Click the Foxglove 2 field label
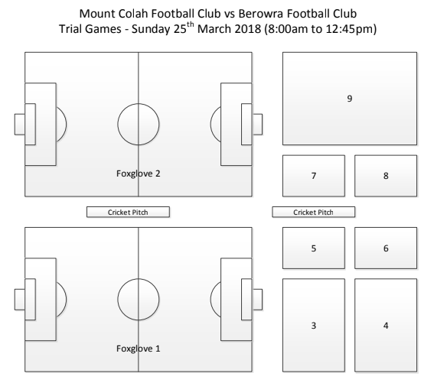pos(138,174)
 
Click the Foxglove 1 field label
pos(138,349)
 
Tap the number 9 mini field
pos(350,99)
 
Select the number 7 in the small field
pos(314,176)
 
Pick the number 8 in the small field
pos(386,176)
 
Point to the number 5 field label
pos(314,248)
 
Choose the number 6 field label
pos(386,248)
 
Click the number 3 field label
pos(314,326)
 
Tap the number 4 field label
pos(386,326)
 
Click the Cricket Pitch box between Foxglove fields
pos(128,212)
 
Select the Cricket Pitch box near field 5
pos(313,212)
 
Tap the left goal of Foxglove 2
pos(20,125)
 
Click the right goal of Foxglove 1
pos(257,300)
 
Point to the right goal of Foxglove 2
pos(257,125)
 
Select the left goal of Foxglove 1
pos(20,300)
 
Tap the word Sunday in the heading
pos(151,29)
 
